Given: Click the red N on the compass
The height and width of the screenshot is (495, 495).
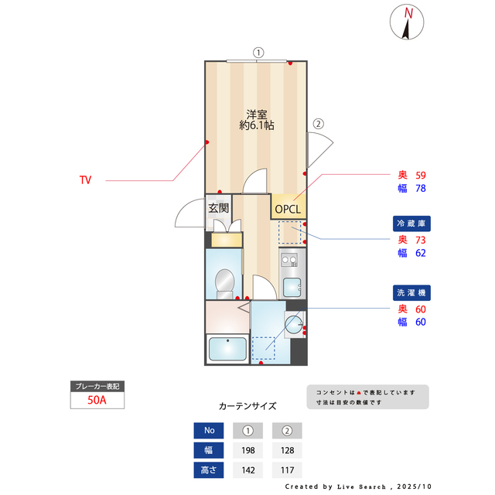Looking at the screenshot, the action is [x=408, y=13].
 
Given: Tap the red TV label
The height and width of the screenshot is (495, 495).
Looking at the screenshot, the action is [x=85, y=180].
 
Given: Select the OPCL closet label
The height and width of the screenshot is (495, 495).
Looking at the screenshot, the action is [x=288, y=209].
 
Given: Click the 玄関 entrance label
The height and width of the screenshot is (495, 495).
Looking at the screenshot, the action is [x=218, y=208].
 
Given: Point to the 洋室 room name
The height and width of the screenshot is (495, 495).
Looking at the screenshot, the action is [x=257, y=114].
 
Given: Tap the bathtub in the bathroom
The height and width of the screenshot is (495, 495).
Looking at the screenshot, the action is [x=227, y=349].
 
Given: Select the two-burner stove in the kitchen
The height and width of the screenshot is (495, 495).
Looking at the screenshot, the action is [x=289, y=260].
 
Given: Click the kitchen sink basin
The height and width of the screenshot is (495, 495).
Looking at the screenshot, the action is [x=292, y=287].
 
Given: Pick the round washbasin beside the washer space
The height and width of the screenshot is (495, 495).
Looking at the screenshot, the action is [x=294, y=325].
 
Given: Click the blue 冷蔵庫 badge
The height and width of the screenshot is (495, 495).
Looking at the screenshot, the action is [x=411, y=224].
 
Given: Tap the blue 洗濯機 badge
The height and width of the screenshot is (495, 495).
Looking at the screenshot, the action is [x=411, y=292].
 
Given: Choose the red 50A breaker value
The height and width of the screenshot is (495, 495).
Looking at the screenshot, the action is [x=97, y=400].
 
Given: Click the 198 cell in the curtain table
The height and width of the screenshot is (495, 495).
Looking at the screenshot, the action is [x=248, y=450].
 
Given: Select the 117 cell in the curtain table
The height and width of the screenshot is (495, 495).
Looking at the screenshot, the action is [x=287, y=470].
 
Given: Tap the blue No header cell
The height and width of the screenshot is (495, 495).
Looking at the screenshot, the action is [x=209, y=430].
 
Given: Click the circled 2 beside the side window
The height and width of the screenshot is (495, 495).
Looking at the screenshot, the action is [x=318, y=124].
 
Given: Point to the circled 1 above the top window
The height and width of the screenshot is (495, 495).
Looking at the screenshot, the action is [x=258, y=53].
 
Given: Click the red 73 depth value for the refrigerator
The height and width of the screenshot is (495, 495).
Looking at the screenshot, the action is [x=421, y=240].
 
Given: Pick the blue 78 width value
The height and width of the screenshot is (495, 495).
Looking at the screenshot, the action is [x=421, y=188].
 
